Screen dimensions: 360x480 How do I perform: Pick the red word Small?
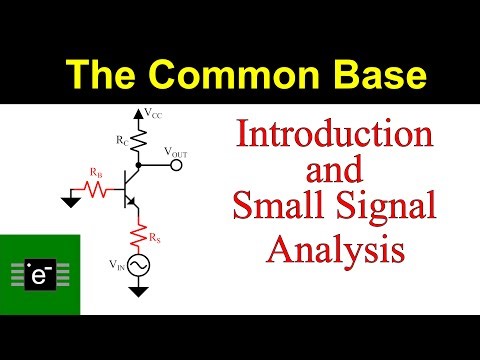pyautogui.click(x=282, y=208)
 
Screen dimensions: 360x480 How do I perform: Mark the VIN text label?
pyautogui.click(x=119, y=265)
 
